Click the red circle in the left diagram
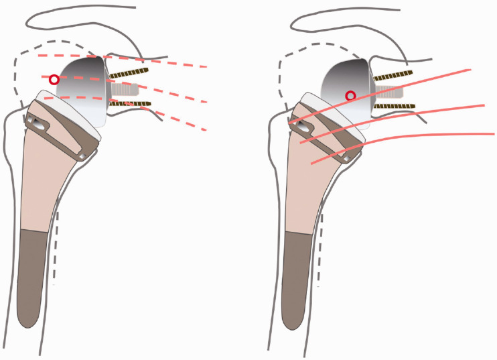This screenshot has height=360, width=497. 54,79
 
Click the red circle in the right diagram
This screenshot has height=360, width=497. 350,96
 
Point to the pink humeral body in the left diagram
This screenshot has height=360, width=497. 44,181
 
